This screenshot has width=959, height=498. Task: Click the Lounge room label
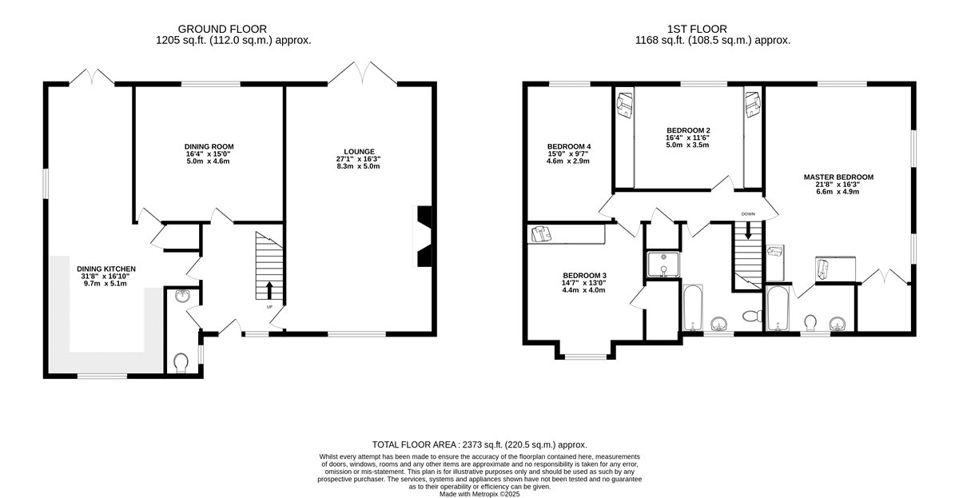tap(359, 152)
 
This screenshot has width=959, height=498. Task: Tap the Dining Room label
tap(209, 146)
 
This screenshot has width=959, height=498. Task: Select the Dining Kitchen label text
tap(106, 269)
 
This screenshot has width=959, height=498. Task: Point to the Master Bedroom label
tap(838, 177)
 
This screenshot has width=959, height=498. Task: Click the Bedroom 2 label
tap(688, 130)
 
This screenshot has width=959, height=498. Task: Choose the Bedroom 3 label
tap(584, 275)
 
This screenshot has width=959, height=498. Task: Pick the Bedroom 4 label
tap(569, 146)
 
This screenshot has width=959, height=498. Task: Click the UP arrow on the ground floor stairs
tap(269, 290)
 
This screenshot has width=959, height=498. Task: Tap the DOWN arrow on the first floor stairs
tap(748, 230)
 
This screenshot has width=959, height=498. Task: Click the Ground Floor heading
tap(222, 29)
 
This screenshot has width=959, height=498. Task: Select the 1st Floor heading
tap(697, 29)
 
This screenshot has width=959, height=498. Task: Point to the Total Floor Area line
tap(479, 444)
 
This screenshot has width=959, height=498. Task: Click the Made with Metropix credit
tap(479, 494)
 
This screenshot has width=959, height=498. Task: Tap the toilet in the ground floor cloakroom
tap(181, 363)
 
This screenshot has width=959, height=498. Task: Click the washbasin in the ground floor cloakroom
tap(183, 296)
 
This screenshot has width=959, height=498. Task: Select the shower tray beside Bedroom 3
tap(663, 265)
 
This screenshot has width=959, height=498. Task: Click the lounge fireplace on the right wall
tap(424, 237)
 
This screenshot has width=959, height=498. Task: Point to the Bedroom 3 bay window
tap(586, 356)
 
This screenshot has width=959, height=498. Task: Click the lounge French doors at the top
tap(363, 73)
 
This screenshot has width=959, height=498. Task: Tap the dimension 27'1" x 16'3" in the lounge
tap(358, 159)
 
